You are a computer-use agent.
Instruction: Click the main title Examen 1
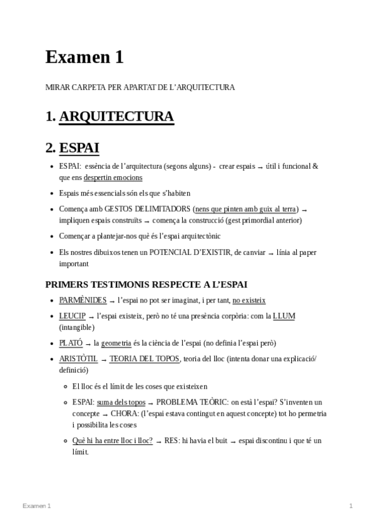click(85, 57)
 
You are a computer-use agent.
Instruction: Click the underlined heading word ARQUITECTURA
click(116, 117)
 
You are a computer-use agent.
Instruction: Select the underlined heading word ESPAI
click(79, 148)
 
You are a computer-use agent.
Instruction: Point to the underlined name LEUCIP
click(73, 316)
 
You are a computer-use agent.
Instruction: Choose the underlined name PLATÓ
click(71, 343)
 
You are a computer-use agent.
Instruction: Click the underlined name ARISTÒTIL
click(78, 359)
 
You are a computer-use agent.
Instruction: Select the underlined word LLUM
click(284, 316)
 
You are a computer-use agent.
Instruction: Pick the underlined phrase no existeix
click(249, 300)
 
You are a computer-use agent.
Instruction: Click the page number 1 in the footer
click(351, 505)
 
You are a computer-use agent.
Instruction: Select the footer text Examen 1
click(37, 505)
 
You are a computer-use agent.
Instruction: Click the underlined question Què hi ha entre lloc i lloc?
click(113, 441)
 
